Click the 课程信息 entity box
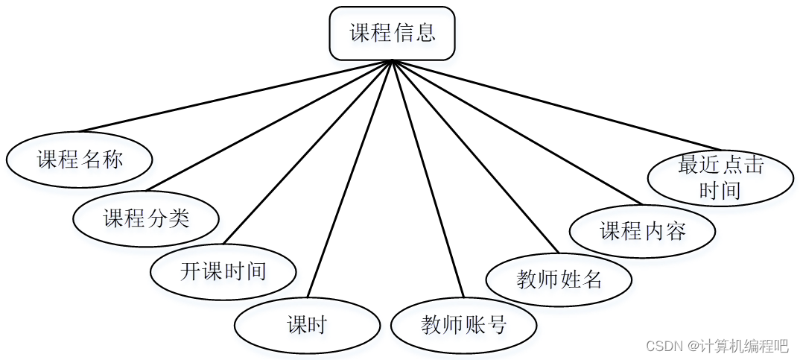(392, 34)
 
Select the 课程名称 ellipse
(80, 160)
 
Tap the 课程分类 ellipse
(146, 218)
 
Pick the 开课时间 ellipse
(223, 271)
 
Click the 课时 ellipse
(307, 325)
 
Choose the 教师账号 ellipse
(463, 325)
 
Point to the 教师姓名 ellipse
(559, 280)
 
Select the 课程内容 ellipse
(642, 231)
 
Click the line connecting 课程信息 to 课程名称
(235, 96)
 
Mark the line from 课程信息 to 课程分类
(269, 125)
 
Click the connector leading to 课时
(350, 177)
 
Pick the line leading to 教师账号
(428, 179)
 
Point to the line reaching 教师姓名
(474, 156)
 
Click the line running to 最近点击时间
(555, 104)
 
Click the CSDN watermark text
(717, 346)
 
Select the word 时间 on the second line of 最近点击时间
(720, 190)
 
